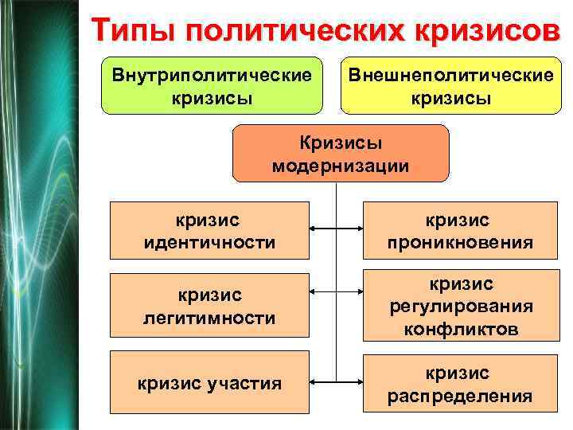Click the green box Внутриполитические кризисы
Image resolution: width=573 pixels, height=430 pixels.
pos(211,86)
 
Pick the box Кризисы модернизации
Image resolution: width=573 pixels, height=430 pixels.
pos(341,154)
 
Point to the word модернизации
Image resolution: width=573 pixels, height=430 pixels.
pos(341,166)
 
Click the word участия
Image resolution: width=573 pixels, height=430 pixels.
pos(247,384)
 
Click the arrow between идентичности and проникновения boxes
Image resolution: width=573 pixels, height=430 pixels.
pos(337,229)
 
